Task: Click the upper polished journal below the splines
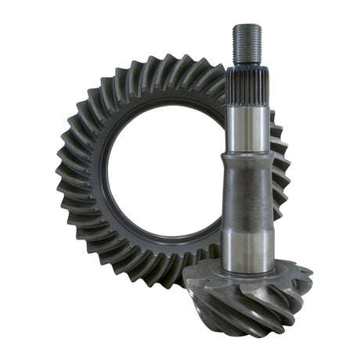[x=248, y=125]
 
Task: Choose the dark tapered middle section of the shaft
[x=248, y=196]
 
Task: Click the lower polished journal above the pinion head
[x=248, y=247]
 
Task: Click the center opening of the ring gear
[x=160, y=168]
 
